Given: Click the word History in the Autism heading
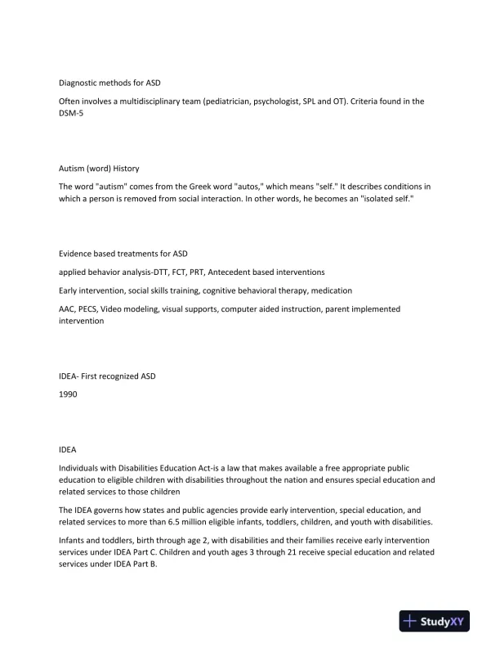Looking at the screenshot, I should click(126, 169).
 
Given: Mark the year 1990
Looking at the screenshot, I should click(68, 394).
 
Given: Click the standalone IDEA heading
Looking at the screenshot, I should click(67, 448).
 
